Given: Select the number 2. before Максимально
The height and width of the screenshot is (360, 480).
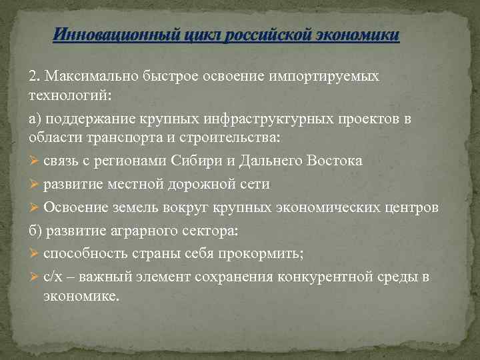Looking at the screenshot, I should (34, 76).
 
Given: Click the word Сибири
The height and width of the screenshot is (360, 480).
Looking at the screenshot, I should (200, 161).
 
